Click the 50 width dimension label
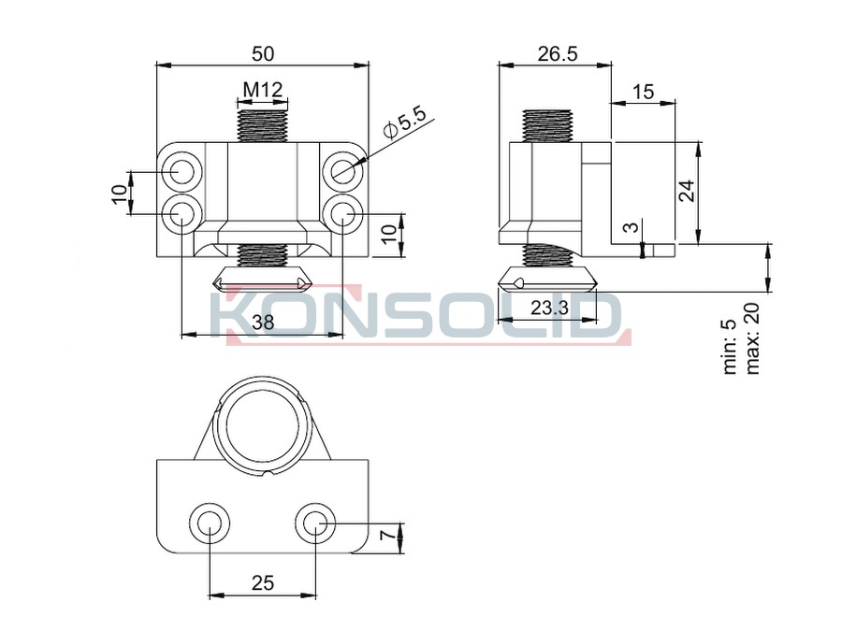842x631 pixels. point(263,53)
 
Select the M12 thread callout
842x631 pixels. point(263,90)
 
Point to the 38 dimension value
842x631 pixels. point(263,323)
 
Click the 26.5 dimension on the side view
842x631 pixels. point(558,53)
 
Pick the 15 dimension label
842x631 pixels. point(643,92)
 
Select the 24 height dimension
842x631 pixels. point(687,191)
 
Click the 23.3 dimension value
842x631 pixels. point(549,308)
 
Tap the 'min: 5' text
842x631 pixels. point(730,347)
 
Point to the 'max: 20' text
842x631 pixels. point(752,338)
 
